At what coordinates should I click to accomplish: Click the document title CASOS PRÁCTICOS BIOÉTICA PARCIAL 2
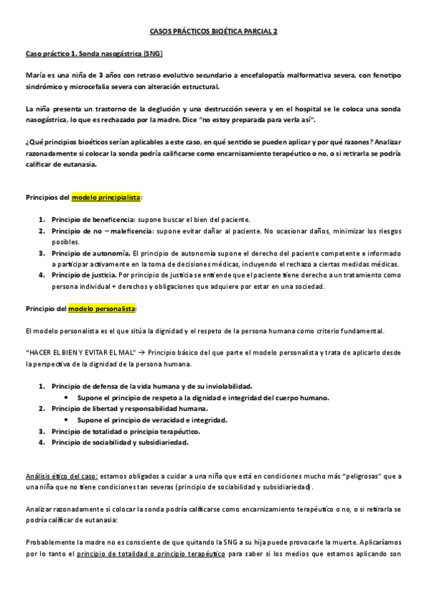(x=214, y=32)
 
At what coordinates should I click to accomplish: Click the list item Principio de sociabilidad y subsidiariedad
(x=120, y=442)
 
